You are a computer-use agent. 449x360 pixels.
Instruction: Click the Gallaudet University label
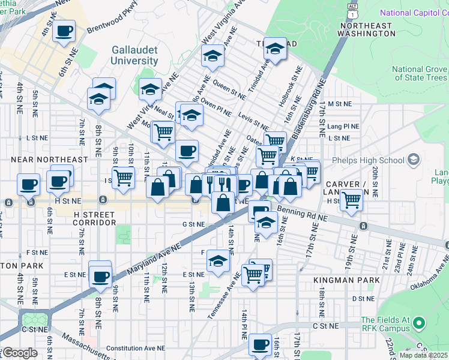click(x=134, y=56)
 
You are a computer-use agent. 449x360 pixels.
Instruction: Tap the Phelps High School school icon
click(x=412, y=160)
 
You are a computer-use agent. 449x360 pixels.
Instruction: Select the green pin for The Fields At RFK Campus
click(x=420, y=325)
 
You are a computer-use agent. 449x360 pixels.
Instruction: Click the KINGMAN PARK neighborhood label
click(x=347, y=280)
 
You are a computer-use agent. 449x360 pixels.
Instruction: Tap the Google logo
click(x=20, y=353)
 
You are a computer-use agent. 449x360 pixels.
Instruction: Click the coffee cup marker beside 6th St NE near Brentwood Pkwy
click(x=64, y=31)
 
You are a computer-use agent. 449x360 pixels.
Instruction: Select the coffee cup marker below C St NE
click(x=260, y=345)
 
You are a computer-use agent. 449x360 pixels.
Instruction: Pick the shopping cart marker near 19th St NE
click(x=351, y=200)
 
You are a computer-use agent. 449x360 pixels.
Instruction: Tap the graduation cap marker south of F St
click(x=218, y=260)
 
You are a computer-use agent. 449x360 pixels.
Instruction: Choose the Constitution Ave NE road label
click(x=136, y=348)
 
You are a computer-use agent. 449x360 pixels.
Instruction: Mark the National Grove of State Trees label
click(x=420, y=73)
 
